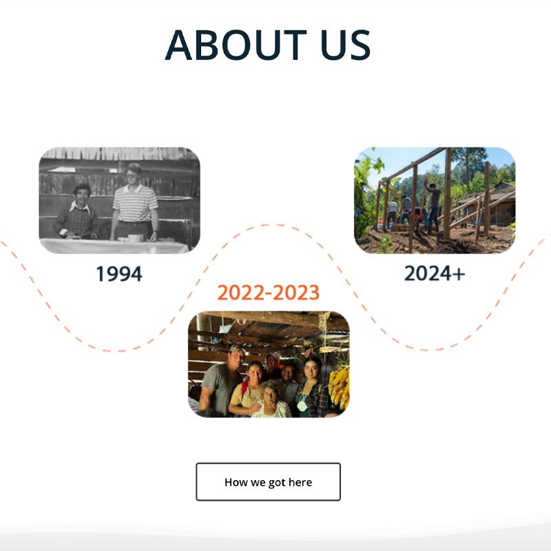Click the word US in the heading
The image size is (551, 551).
click(x=346, y=45)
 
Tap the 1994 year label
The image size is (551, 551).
click(x=119, y=273)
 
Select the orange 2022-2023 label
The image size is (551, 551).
click(x=268, y=292)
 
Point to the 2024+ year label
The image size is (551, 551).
click(x=435, y=273)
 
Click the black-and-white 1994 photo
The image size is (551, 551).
click(x=119, y=200)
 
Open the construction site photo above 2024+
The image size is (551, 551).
click(x=435, y=200)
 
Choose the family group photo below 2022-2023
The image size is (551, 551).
click(x=269, y=364)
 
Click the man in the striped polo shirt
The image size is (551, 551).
click(x=134, y=204)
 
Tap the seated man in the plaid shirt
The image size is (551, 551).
click(x=77, y=213)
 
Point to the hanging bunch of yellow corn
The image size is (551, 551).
click(x=339, y=386)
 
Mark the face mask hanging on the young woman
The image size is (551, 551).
click(x=302, y=406)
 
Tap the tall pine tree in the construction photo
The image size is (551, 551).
click(x=468, y=165)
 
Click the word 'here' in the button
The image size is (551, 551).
click(x=300, y=482)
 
